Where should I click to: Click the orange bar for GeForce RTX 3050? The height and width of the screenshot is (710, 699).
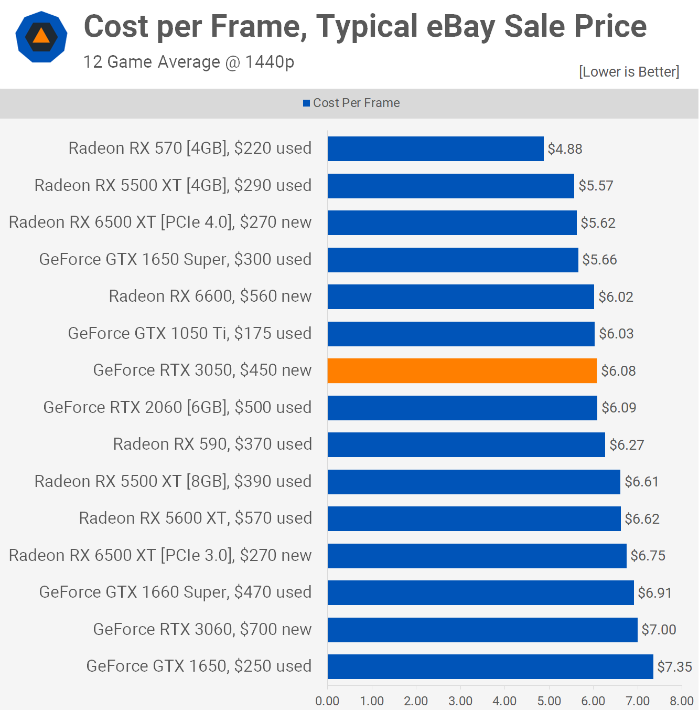pyautogui.click(x=462, y=370)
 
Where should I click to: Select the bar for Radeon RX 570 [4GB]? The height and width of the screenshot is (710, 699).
pyautogui.click(x=435, y=149)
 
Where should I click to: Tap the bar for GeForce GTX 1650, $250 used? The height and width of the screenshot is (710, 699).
pyautogui.click(x=490, y=666)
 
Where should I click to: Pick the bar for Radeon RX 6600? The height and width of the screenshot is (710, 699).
pyautogui.click(x=460, y=296)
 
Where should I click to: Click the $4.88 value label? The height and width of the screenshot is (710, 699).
pyautogui.click(x=565, y=149)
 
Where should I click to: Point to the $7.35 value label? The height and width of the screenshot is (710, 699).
pyautogui.click(x=674, y=667)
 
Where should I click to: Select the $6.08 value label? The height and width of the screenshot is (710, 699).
pyautogui.click(x=618, y=371)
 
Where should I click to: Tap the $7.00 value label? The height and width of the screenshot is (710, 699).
pyautogui.click(x=659, y=630)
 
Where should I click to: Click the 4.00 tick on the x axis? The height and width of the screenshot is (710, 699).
pyautogui.click(x=504, y=701)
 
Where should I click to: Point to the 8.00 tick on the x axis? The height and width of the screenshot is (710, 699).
pyautogui.click(x=681, y=701)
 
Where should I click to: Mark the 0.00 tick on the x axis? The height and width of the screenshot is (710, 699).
pyautogui.click(x=327, y=701)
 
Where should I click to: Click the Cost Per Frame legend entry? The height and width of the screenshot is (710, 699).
pyautogui.click(x=356, y=103)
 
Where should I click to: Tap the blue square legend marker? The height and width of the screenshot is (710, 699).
pyautogui.click(x=306, y=103)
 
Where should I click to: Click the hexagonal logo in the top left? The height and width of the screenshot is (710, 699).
pyautogui.click(x=41, y=37)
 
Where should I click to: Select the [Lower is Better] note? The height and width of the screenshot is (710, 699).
pyautogui.click(x=629, y=72)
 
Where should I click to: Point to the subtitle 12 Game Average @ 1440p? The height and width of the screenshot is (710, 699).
pyautogui.click(x=189, y=62)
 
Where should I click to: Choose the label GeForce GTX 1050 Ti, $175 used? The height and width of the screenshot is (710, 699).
pyautogui.click(x=190, y=333)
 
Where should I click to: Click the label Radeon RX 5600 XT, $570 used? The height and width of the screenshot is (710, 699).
pyautogui.click(x=195, y=518)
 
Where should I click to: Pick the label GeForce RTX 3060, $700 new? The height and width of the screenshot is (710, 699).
pyautogui.click(x=202, y=629)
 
